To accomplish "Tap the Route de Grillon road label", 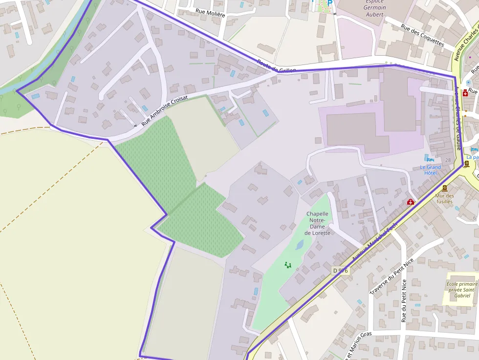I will tap(277, 67).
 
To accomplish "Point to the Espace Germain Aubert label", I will tap(375, 7).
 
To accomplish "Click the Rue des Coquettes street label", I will tap(422, 36).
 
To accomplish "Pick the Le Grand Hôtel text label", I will tap(430, 170).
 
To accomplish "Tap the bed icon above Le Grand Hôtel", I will tap(430, 159).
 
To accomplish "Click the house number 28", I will tap(448, 160).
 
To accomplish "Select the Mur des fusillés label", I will tap(444, 198).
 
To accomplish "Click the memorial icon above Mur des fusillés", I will tap(444, 188).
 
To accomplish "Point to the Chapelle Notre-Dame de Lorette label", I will tap(317, 223).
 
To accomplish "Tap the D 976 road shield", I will tap(341, 270).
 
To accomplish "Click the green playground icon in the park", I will tap(287, 265).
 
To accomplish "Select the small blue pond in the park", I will tap(299, 245).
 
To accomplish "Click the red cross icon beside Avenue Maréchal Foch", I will tap(411, 202).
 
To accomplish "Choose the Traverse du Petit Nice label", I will tap(392, 276).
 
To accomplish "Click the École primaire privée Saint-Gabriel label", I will tap(461, 290).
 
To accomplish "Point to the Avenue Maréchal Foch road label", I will tap(375, 242).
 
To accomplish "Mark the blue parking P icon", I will tap(329, 2).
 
